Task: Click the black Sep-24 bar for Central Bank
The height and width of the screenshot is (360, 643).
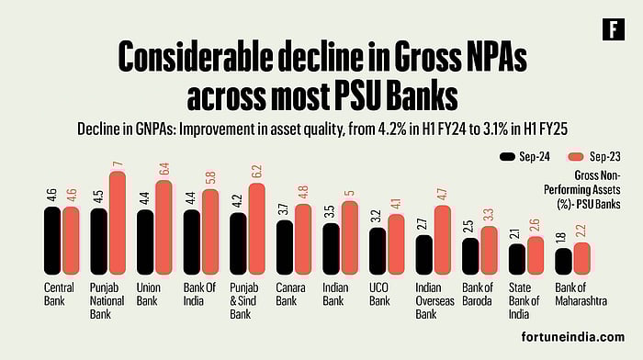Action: point(52,240)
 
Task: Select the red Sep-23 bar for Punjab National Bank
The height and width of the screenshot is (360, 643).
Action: point(117,223)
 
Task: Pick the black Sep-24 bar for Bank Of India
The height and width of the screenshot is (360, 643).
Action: point(192,242)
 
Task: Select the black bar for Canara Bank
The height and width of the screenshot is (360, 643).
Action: point(285,247)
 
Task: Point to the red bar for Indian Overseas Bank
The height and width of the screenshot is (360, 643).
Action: point(443,240)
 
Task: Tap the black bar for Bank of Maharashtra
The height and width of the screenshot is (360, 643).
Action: point(563,261)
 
